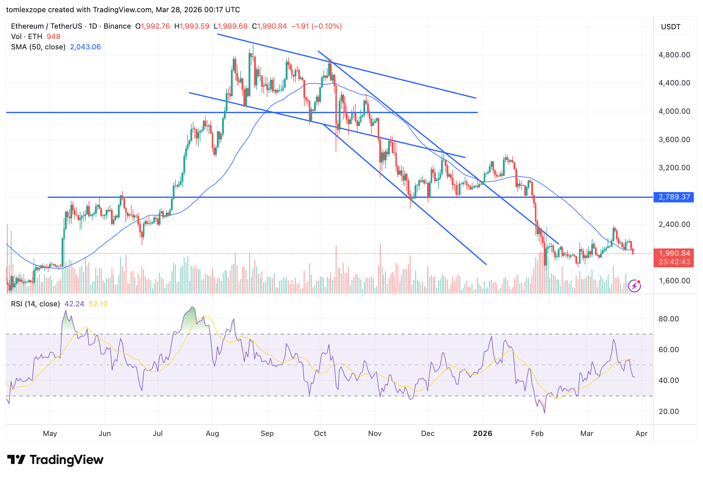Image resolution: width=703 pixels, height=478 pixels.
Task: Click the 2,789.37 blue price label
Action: (674, 197)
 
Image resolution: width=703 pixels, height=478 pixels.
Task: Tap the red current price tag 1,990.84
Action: (674, 253)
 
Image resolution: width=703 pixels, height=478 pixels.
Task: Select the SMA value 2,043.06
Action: (85, 47)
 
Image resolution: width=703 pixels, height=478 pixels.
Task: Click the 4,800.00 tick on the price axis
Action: (674, 55)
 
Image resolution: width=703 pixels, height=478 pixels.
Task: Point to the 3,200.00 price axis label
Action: (674, 168)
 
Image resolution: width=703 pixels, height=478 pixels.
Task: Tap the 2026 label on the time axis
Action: (482, 433)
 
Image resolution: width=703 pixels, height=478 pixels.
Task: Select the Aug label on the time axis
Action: (212, 433)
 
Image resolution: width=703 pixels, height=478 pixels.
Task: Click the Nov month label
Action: (375, 433)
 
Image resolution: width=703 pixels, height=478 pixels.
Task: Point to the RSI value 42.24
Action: (74, 304)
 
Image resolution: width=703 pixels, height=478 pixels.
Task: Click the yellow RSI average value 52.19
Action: (98, 304)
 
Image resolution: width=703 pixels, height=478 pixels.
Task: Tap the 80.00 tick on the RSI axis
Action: (669, 319)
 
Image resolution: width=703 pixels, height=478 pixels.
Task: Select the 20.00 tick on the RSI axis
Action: (669, 412)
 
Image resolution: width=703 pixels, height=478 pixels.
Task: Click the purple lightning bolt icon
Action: (634, 286)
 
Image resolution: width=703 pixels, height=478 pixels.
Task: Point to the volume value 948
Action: (53, 37)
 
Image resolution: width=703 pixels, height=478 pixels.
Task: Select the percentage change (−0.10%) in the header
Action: (326, 26)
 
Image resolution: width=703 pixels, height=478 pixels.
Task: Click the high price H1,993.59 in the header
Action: (192, 26)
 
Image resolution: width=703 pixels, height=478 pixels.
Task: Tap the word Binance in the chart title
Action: (117, 26)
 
